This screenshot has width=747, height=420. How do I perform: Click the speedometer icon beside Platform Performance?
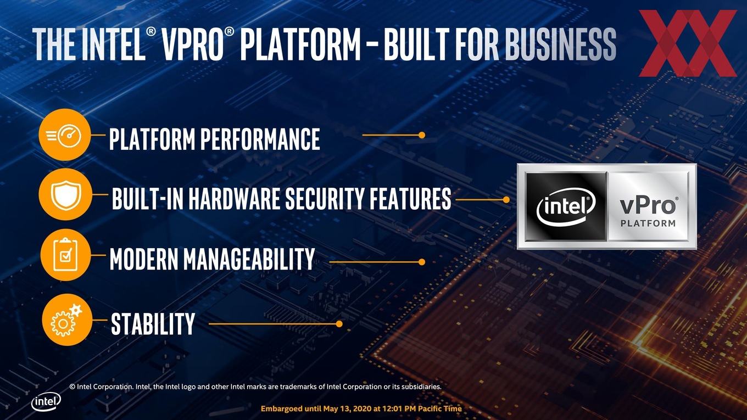point(64,135)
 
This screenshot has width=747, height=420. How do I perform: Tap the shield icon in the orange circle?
point(66,194)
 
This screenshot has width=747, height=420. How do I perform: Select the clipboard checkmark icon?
point(65,255)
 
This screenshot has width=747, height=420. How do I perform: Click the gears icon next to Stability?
point(66,320)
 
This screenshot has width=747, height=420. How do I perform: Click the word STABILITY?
point(153,324)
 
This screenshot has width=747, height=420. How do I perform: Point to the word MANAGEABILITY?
point(249,259)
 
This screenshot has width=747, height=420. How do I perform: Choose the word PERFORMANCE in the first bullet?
point(260,139)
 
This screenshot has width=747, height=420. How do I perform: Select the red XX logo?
point(687,43)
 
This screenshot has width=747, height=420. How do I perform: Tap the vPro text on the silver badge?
point(648,206)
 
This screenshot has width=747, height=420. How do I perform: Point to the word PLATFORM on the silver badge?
point(648,223)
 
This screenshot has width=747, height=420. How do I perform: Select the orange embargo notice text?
point(361,408)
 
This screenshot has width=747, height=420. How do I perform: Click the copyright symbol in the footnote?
point(73,387)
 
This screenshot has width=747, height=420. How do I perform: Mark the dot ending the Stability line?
point(339,324)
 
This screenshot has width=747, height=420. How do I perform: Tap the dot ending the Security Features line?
point(506,200)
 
